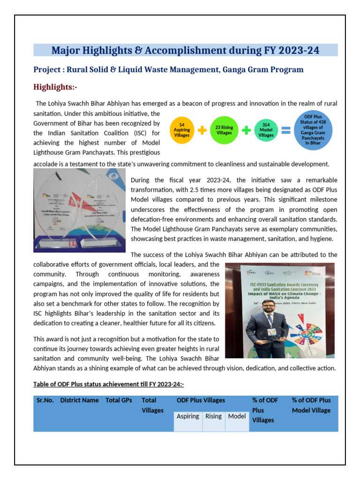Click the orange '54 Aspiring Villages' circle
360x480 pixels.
pyautogui.click(x=181, y=130)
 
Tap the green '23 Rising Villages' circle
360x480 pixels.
pyautogui.click(x=224, y=130)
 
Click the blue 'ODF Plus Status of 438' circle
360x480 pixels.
pyautogui.click(x=314, y=130)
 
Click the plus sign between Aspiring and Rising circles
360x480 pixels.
pyautogui.click(x=202, y=131)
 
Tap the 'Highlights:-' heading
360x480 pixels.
pyautogui.click(x=55, y=87)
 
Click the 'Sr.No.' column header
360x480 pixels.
pyautogui.click(x=45, y=400)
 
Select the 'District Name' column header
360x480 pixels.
pyautogui.click(x=79, y=400)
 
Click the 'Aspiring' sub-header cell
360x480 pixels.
pyautogui.click(x=187, y=416)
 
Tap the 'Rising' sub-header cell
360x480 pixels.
pyautogui.click(x=213, y=416)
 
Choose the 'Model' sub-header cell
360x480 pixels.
pyautogui.click(x=237, y=416)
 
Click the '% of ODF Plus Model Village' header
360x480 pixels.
pyautogui.click(x=311, y=405)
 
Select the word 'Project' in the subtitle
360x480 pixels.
pyautogui.click(x=47, y=69)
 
